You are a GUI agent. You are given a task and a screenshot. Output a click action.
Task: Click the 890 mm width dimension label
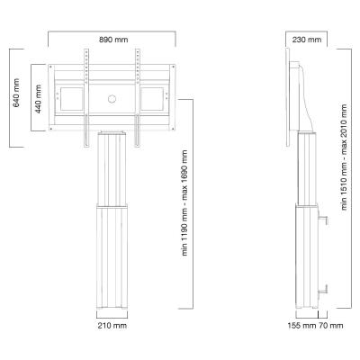(x=112, y=39)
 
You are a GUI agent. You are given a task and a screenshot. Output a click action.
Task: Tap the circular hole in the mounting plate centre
(x=112, y=98)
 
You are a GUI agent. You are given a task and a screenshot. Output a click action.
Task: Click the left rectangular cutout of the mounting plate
(x=71, y=97)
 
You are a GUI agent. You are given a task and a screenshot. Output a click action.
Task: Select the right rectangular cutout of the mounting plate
(x=153, y=97)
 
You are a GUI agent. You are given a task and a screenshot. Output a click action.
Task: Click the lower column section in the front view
(x=112, y=256)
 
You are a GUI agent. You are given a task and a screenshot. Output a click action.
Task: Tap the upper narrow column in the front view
(x=112, y=166)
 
